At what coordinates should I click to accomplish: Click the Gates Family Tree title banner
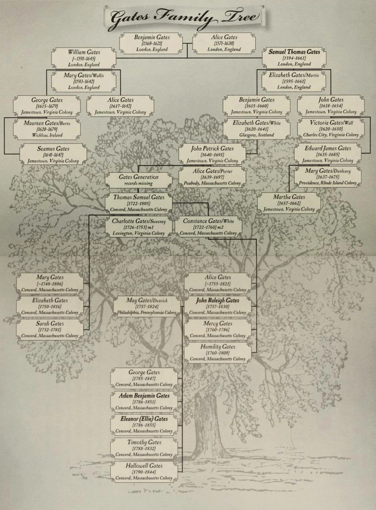[x=185, y=17]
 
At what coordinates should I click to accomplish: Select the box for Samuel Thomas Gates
[x=294, y=58]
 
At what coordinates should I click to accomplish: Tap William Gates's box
[x=84, y=58]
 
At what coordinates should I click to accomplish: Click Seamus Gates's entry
[x=53, y=154]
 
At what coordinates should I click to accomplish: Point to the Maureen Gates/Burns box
[x=47, y=129]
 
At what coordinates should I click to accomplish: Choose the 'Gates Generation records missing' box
[x=138, y=180]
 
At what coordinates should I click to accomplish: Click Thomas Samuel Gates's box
[x=138, y=203]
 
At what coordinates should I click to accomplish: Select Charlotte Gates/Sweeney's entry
[x=138, y=227]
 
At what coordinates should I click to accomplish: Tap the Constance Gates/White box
[x=208, y=227]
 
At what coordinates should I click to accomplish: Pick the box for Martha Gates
[x=289, y=203]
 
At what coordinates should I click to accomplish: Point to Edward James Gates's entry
[x=328, y=154]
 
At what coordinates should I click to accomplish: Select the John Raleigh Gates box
[x=217, y=306]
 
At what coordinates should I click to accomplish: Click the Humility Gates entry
[x=217, y=353]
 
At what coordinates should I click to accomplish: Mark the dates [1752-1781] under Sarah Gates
[x=49, y=330]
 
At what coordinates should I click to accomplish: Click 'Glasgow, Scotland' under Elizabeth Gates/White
[x=256, y=135]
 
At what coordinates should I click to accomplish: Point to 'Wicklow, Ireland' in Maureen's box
[x=47, y=135]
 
